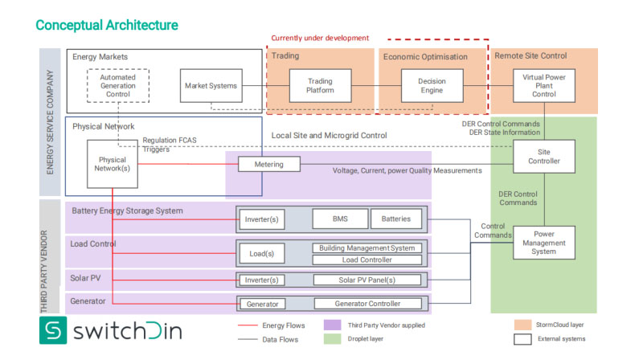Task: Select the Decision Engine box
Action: [432, 86]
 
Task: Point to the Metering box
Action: [268, 164]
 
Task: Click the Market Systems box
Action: [211, 86]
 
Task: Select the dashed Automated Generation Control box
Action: [117, 86]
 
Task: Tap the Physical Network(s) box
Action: [113, 163]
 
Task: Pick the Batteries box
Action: [396, 219]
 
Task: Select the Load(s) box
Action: [262, 253]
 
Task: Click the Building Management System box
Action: [367, 248]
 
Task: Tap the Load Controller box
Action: [367, 260]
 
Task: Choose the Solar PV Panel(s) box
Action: [367, 280]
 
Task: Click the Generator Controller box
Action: [367, 304]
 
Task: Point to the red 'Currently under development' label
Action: [320, 38]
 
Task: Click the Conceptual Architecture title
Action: [107, 26]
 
